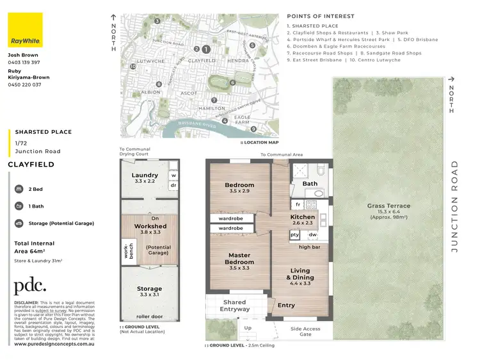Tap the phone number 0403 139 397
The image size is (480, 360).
click(x=24, y=63)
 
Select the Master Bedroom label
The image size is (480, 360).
click(x=239, y=259)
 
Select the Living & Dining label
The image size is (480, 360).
click(x=299, y=274)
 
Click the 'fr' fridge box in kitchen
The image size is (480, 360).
click(x=298, y=204)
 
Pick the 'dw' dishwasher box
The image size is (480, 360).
click(x=312, y=234)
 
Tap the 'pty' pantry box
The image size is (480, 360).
click(x=294, y=234)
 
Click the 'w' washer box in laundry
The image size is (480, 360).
click(x=173, y=174)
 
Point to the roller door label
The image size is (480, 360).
click(x=150, y=316)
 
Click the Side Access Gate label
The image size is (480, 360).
click(x=305, y=331)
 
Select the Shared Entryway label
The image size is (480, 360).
click(x=234, y=306)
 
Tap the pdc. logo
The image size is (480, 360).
click(x=30, y=285)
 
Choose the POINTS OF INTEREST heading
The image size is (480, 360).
click(x=321, y=17)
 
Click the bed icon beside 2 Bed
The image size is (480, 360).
click(x=19, y=190)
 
